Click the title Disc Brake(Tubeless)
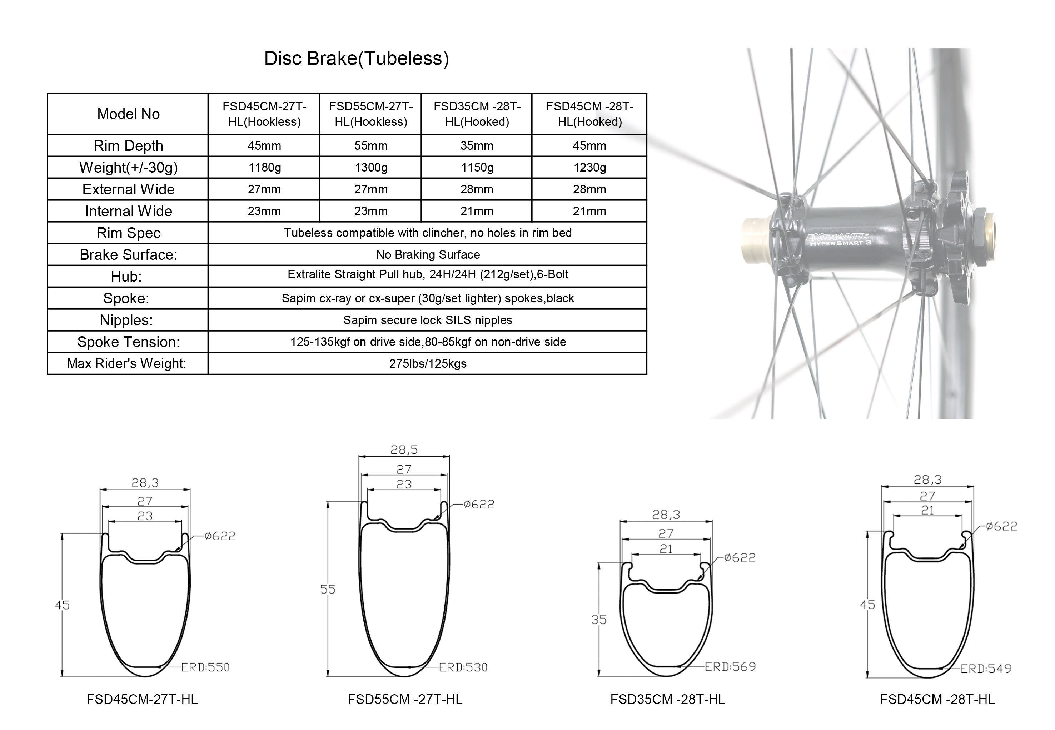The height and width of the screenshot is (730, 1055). pyautogui.click(x=357, y=59)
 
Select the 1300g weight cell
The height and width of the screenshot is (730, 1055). pyautogui.click(x=371, y=168)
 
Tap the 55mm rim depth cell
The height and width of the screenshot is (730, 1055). pyautogui.click(x=371, y=146)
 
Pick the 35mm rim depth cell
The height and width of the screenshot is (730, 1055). pyautogui.click(x=477, y=146)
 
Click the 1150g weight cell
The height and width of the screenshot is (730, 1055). pyautogui.click(x=477, y=168)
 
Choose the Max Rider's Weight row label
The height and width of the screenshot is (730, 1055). pyautogui.click(x=127, y=364)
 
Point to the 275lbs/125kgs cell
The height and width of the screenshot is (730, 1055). pyautogui.click(x=428, y=364)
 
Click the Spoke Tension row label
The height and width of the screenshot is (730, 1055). pyautogui.click(x=129, y=342)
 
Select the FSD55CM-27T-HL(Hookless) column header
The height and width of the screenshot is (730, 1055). pyautogui.click(x=371, y=114)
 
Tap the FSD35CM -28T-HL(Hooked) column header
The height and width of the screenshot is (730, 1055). pyautogui.click(x=477, y=114)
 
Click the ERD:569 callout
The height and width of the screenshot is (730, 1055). pyautogui.click(x=730, y=667)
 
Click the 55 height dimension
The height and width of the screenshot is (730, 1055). pyautogui.click(x=328, y=589)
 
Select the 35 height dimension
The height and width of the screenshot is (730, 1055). pyautogui.click(x=599, y=620)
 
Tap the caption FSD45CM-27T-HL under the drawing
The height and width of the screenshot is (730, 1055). pyautogui.click(x=142, y=699)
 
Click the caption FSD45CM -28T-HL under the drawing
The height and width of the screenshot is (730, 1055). pyautogui.click(x=937, y=699)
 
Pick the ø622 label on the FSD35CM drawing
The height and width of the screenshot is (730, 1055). pyautogui.click(x=740, y=557)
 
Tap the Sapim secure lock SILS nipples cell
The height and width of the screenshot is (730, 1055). pyautogui.click(x=428, y=320)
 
